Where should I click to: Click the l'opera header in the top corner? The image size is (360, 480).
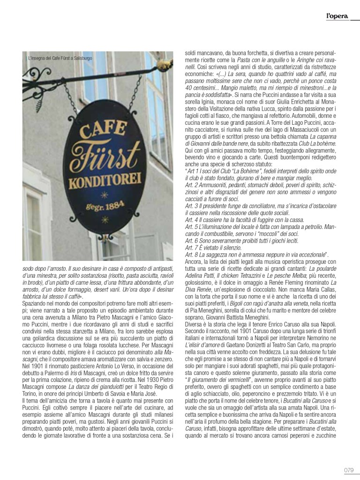337,17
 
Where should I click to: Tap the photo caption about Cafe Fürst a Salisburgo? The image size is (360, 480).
60,58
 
